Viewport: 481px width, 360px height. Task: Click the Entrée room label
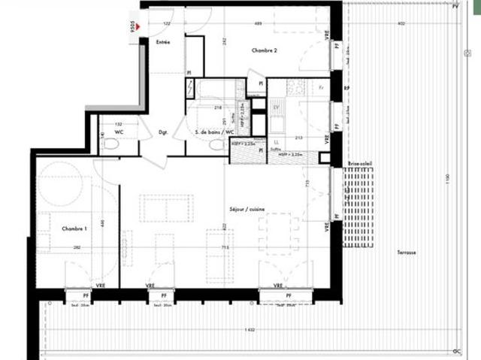pos(163,42)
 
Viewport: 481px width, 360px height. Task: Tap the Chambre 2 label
pos(265,50)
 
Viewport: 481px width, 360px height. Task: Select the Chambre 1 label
pos(75,228)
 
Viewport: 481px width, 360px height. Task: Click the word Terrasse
pos(407,253)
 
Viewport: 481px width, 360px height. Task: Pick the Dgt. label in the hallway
pos(163,132)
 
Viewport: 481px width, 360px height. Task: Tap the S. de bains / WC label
pos(210,132)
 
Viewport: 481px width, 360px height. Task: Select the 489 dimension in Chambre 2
pos(258,24)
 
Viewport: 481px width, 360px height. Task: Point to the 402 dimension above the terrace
pos(401,24)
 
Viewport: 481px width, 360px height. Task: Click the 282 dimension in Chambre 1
pos(76,247)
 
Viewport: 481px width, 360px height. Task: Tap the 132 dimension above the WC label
pos(118,124)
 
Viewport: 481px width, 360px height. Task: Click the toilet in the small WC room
pos(111,146)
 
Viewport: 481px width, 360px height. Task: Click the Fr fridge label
pos(322,88)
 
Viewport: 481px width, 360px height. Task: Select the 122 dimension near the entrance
pos(166,24)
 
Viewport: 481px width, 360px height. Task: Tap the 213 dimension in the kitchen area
pos(298,138)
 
